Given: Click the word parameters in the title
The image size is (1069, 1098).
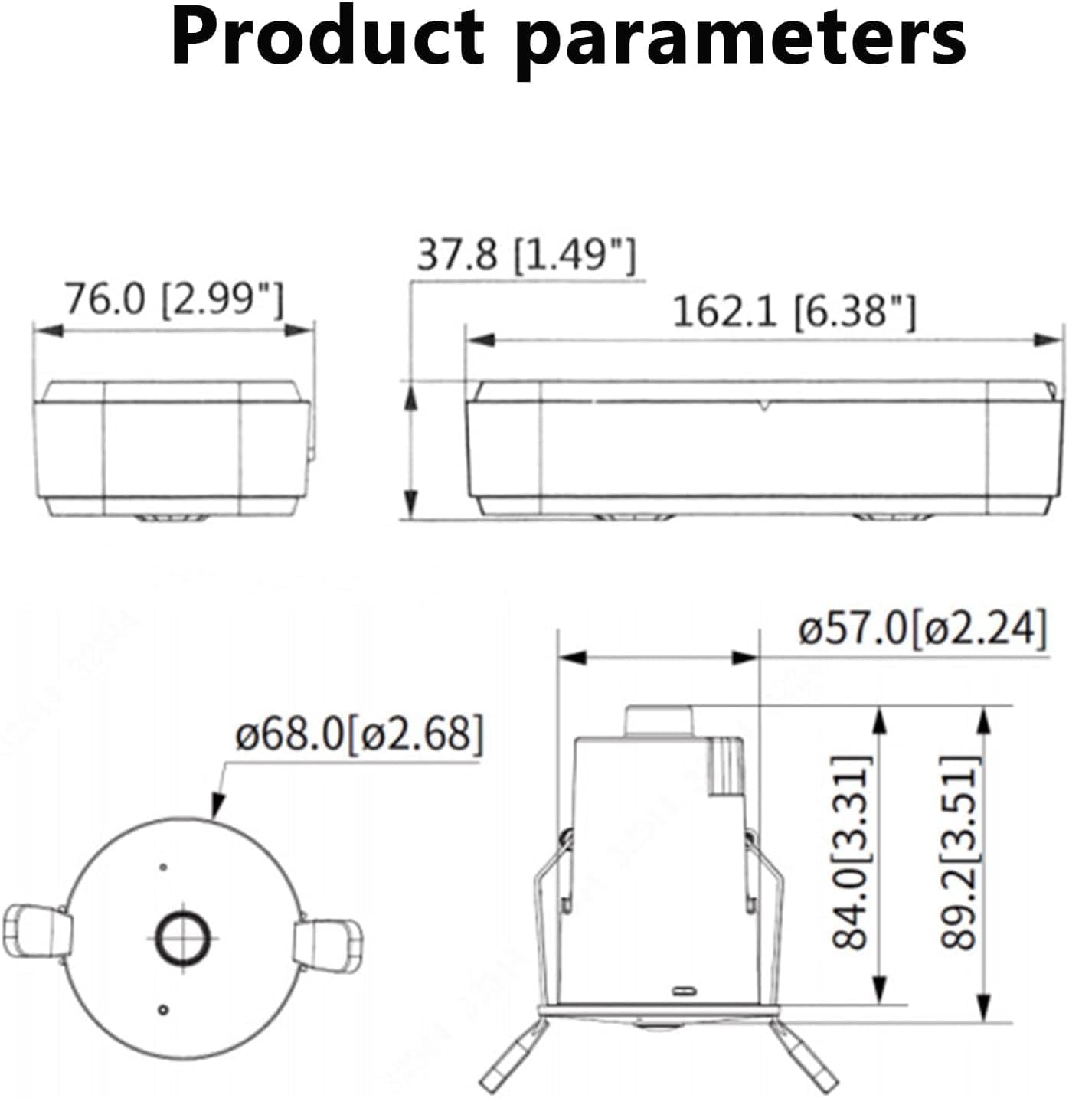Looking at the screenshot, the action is click(740, 42).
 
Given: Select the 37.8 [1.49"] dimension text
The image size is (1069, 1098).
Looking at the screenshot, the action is click(526, 254).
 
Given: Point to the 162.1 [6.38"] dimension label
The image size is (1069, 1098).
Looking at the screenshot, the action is click(795, 312).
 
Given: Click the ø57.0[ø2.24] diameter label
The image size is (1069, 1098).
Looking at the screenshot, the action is click(923, 629).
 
